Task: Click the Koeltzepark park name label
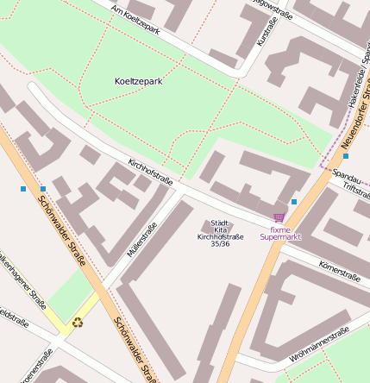coord(138,81)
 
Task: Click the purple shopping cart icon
coord(279,218)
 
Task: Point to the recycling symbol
coord(78,323)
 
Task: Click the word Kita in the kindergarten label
coord(220,229)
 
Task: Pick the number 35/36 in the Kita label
coord(220,244)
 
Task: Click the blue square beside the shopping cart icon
coord(294,202)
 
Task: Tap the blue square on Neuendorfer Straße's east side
coord(346,156)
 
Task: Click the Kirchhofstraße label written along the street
coord(150,172)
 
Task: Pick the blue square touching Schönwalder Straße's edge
coord(43,189)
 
